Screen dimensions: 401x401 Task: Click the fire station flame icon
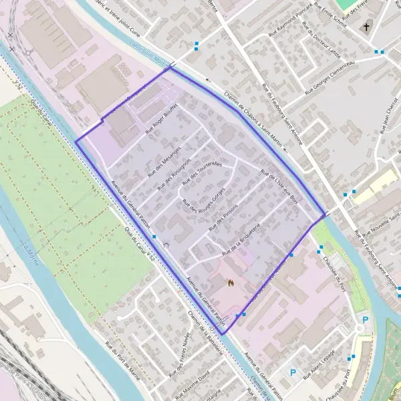231,283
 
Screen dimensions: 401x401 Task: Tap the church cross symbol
366,27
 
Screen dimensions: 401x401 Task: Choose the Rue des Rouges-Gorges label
203,205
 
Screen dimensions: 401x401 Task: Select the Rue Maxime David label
198,386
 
